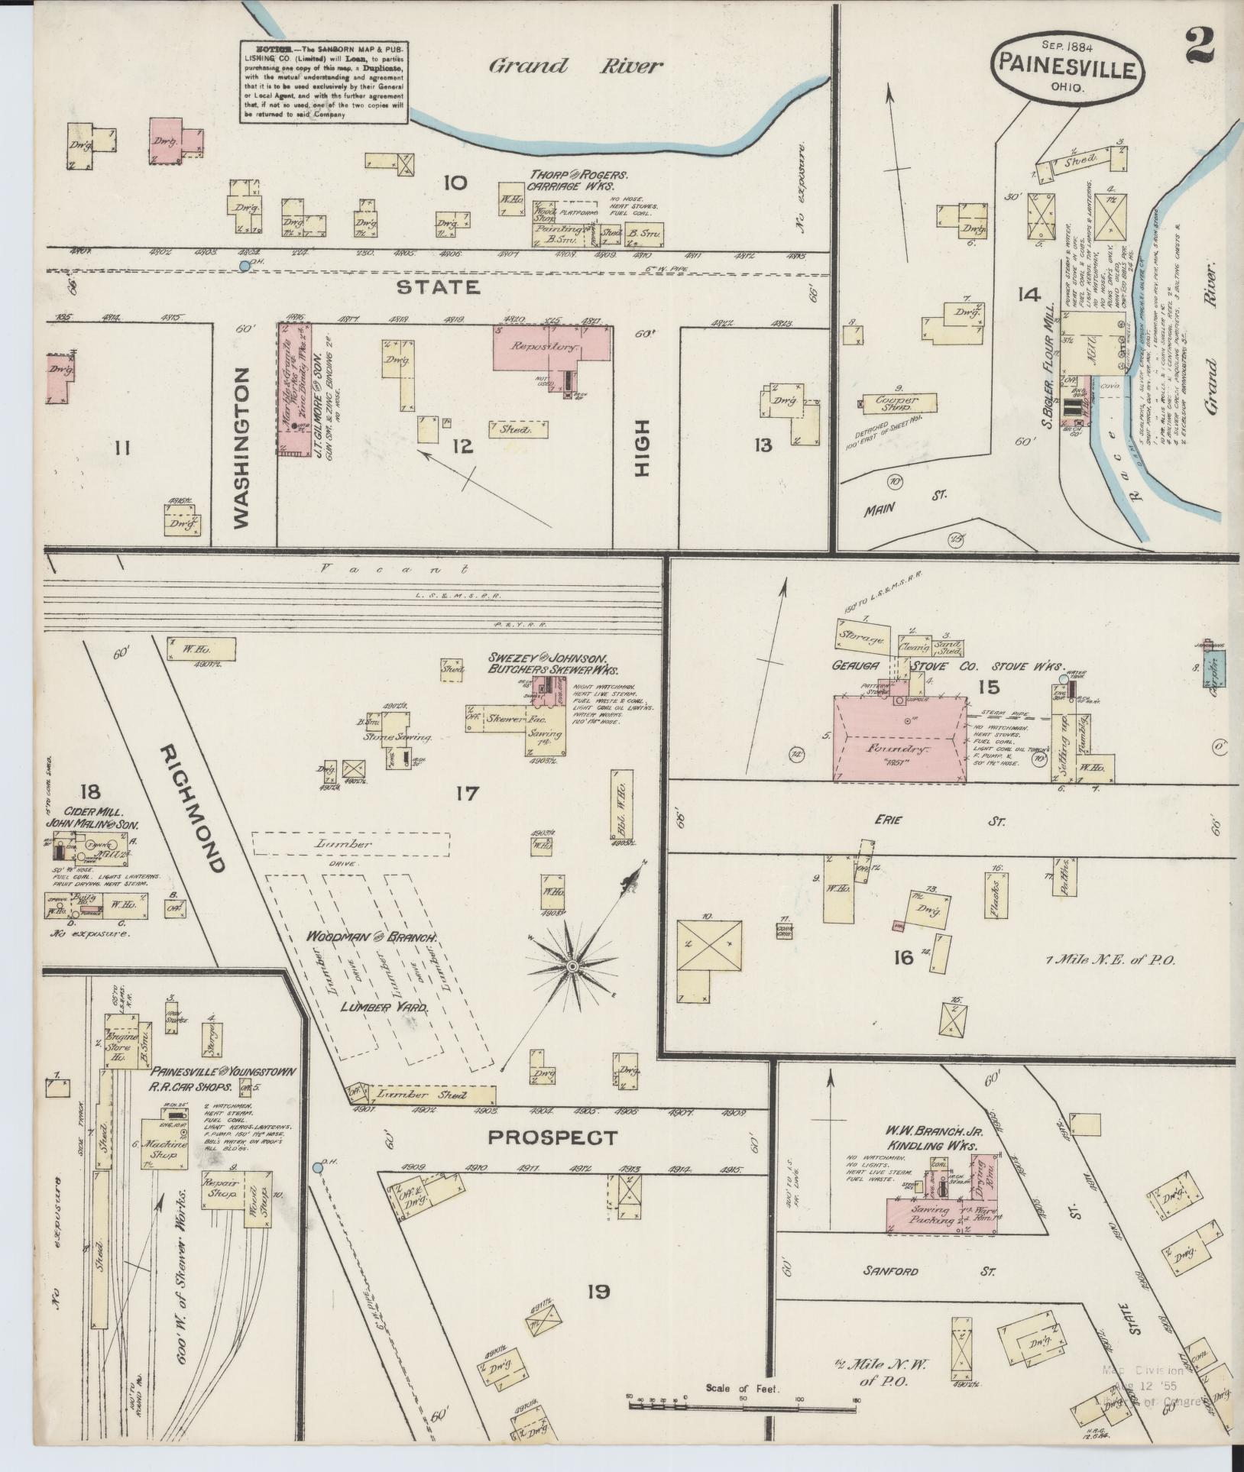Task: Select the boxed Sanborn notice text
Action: pos(325,80)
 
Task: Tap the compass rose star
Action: pos(572,967)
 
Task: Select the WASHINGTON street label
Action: pos(241,447)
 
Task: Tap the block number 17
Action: pos(467,794)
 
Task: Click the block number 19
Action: pos(598,1291)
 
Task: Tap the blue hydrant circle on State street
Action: pos(244,265)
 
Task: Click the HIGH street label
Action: pos(640,448)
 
